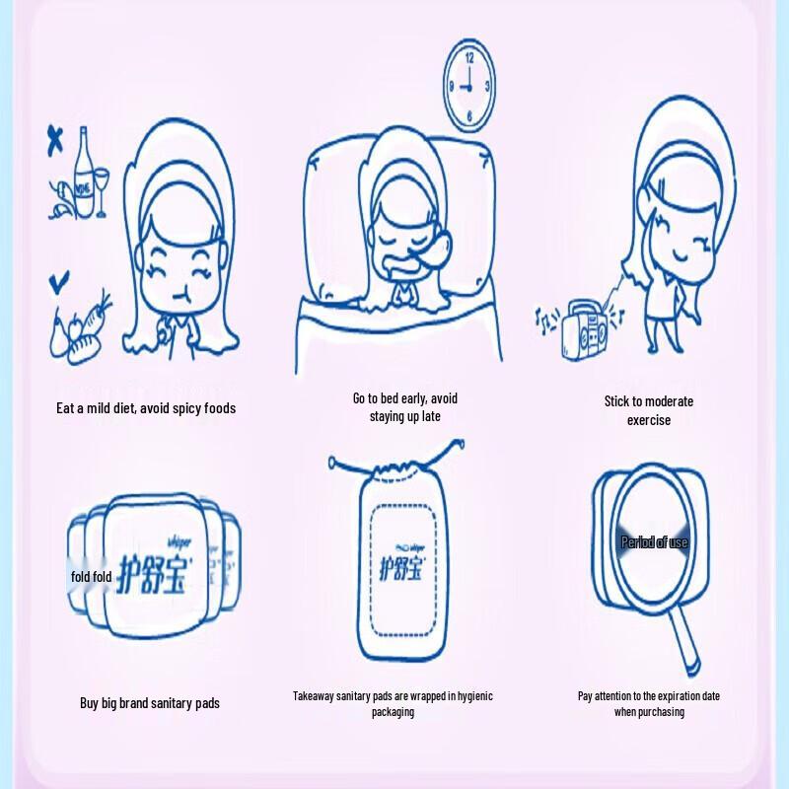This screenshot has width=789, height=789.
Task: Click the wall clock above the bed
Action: pyautogui.click(x=469, y=86)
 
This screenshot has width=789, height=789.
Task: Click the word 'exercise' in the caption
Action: pyautogui.click(x=648, y=420)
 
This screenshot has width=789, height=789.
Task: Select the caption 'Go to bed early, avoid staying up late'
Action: pyautogui.click(x=404, y=407)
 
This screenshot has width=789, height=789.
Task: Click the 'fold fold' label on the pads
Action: pyautogui.click(x=90, y=577)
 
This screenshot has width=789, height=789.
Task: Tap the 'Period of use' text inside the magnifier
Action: pyautogui.click(x=654, y=542)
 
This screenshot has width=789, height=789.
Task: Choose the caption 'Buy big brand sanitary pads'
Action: pyautogui.click(x=150, y=703)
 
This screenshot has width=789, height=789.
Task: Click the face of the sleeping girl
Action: pyautogui.click(x=405, y=236)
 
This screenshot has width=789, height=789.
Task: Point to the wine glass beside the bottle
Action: pyautogui.click(x=100, y=187)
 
